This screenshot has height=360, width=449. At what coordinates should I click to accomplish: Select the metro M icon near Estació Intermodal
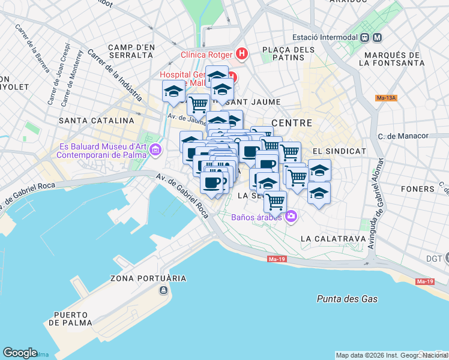click(378, 37)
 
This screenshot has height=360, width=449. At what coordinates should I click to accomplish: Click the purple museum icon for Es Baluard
click(156, 149)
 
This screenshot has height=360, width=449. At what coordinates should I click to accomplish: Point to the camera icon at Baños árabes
click(291, 216)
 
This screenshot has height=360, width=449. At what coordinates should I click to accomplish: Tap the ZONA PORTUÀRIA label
click(148, 278)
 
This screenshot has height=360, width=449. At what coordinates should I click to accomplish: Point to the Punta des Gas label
click(347, 299)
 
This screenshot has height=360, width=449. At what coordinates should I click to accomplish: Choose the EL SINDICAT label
click(339, 150)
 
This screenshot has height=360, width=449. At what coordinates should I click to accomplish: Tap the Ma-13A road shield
click(387, 97)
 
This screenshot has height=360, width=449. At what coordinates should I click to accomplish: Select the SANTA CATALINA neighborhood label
click(96, 121)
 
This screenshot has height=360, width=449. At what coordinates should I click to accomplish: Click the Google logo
click(20, 353)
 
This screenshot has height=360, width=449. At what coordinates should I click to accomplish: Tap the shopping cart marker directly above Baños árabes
click(275, 202)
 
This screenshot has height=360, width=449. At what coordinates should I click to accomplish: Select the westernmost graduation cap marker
click(173, 91)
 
